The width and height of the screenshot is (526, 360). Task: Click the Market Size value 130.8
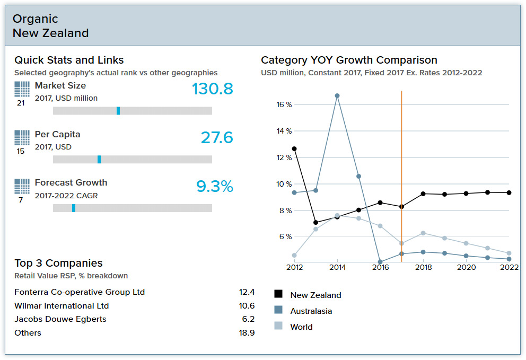[x=212, y=89]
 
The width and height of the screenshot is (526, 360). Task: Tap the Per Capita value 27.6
[x=216, y=138]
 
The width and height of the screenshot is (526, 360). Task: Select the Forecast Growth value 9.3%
[x=214, y=187]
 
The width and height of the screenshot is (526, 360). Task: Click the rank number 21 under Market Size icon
[x=21, y=103]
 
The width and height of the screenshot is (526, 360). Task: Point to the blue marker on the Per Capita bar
[x=99, y=159]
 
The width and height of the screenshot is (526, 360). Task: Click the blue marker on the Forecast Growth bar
[x=74, y=208]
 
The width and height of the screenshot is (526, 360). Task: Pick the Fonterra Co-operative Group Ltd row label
[x=80, y=292]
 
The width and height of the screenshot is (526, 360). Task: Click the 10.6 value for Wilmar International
[x=247, y=306]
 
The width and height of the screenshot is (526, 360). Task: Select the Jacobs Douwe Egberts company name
[x=60, y=319]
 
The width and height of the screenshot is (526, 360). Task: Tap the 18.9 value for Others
[x=247, y=333]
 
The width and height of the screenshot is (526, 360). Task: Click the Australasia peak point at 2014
[x=337, y=96]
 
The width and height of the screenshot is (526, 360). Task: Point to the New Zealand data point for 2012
[x=294, y=149]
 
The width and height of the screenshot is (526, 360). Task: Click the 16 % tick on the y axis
[x=284, y=104]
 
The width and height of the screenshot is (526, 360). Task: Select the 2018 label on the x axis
[x=423, y=268]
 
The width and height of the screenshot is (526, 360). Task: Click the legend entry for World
[x=301, y=327]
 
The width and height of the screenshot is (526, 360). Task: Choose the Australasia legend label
[x=311, y=311]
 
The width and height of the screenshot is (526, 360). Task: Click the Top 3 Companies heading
[x=58, y=263]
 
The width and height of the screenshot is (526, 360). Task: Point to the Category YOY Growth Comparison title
[x=349, y=60]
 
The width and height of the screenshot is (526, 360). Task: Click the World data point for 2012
[x=294, y=255]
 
